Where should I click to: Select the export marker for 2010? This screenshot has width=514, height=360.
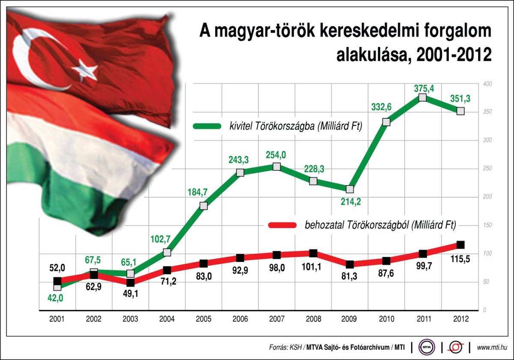386,122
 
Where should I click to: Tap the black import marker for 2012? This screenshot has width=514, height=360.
460,245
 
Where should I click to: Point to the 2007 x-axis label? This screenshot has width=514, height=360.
277,319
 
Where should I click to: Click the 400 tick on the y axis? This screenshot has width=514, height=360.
487,84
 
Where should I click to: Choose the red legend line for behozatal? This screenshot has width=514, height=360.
281,225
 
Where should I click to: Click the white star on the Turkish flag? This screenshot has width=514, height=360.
85,69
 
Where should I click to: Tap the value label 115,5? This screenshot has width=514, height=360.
460,259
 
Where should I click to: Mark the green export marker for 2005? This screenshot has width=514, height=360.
203,206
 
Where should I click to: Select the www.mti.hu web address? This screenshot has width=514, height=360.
492,346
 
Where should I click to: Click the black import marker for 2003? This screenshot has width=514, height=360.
130,282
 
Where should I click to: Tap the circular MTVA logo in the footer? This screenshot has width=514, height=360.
427,346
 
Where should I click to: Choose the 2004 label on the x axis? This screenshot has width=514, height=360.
167,319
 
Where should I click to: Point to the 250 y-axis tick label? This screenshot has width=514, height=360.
487,168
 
